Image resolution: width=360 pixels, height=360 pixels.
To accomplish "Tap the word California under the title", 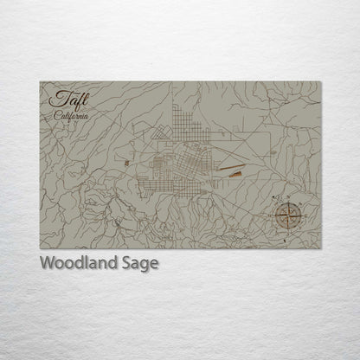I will (x=69, y=114).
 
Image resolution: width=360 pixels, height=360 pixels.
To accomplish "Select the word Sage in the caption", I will (x=139, y=263).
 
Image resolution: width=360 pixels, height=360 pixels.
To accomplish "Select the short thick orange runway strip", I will (x=235, y=173).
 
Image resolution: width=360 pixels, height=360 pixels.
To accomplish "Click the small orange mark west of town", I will (x=126, y=161).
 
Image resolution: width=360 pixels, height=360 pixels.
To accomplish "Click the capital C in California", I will (x=55, y=114).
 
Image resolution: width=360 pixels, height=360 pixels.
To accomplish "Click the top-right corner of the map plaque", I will (x=319, y=82).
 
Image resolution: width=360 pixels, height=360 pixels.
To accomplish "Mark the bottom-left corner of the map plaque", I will (x=40, y=248).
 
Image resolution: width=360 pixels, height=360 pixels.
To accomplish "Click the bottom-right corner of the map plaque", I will (x=319, y=248).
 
